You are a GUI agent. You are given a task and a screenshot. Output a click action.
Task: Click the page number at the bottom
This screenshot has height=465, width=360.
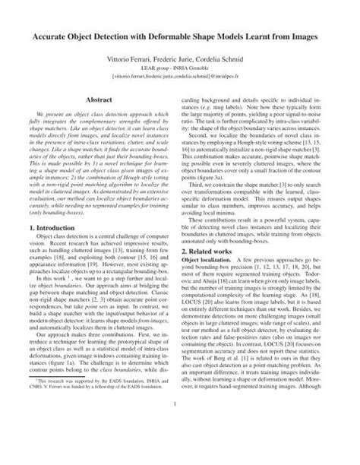[180, 445]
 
